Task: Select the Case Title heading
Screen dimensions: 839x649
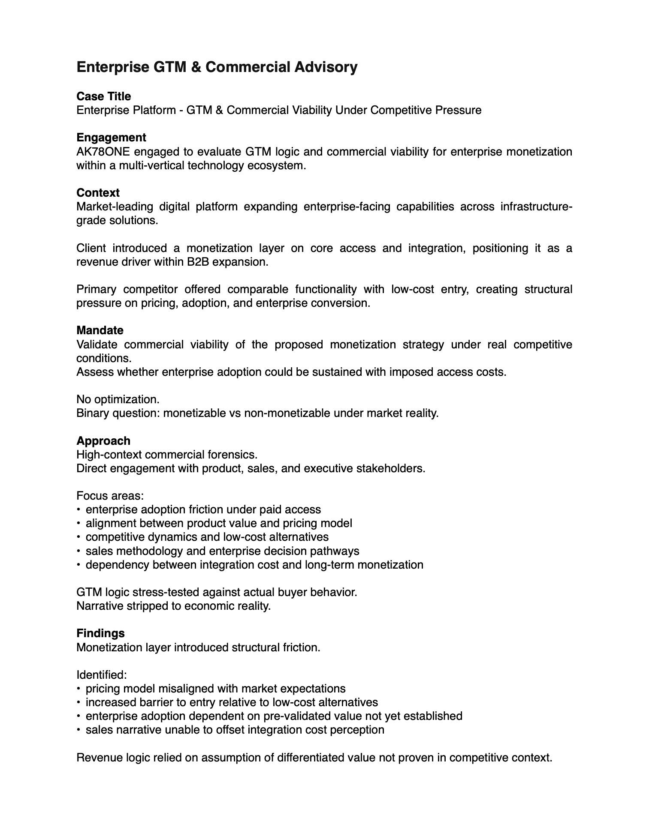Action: point(103,96)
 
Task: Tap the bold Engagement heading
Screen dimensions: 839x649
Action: point(111,138)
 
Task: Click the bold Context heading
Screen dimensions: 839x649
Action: point(98,193)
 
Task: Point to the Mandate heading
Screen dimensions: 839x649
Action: point(100,330)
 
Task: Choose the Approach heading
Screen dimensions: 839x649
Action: point(103,441)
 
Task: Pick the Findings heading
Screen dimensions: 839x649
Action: point(100,633)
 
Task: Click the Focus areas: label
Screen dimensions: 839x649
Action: point(110,496)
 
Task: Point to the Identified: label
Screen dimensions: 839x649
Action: point(102,675)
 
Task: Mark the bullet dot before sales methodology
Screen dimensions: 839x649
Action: point(79,551)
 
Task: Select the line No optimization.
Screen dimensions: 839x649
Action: point(118,399)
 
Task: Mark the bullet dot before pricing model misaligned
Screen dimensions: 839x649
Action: point(79,689)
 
